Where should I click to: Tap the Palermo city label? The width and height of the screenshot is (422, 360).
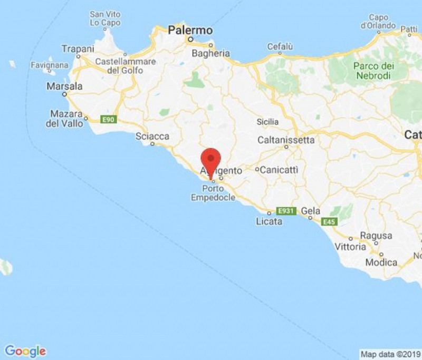[190, 31]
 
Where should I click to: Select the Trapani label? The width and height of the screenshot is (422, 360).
[78, 48]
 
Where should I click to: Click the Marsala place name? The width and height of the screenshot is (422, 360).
[65, 86]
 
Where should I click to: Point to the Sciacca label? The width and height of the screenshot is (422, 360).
[152, 137]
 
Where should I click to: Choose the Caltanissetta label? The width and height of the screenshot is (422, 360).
[286, 140]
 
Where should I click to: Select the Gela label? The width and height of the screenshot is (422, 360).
[311, 211]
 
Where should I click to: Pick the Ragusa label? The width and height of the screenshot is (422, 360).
[376, 236]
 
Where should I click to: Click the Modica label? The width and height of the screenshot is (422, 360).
[381, 262]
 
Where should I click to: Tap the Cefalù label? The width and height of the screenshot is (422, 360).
[280, 47]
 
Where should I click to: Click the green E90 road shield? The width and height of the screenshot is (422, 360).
[109, 120]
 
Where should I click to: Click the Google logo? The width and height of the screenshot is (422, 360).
[25, 351]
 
